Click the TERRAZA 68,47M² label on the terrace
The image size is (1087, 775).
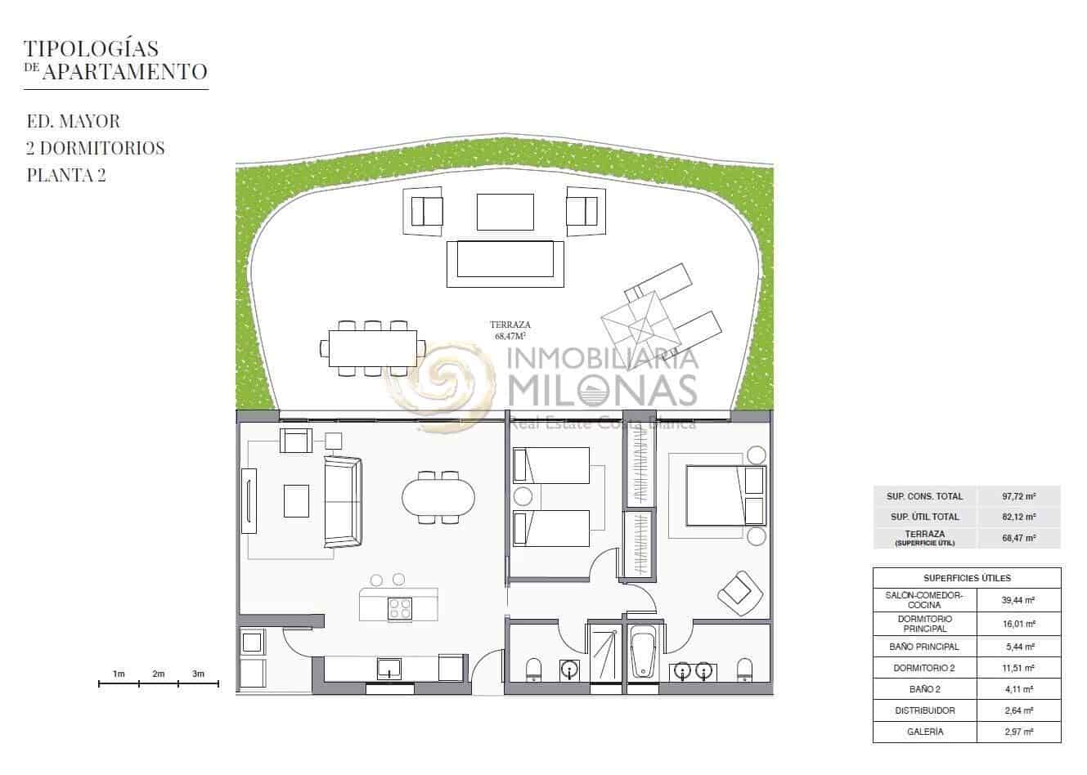pos(510,330)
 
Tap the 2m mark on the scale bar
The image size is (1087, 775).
pos(159,674)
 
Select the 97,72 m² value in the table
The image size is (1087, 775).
pos(1019,496)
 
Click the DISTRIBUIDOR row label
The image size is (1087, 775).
pos(925,710)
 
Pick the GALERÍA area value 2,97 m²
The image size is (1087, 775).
pos(1019,732)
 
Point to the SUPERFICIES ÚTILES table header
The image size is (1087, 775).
pos(967,578)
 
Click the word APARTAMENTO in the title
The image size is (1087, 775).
pos(125,72)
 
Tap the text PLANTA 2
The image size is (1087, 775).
pos(66,175)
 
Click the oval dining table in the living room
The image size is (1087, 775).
pos(438,498)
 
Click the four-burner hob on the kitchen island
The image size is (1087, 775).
pos(400,608)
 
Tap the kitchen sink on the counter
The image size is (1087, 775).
pos(389,669)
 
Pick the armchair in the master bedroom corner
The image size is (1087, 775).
pos(740,594)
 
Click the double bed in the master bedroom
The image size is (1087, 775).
pos(726,495)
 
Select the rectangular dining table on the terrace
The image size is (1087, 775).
pos(373,348)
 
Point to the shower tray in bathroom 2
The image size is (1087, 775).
pos(604,655)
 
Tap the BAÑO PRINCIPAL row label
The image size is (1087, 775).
pos(924,647)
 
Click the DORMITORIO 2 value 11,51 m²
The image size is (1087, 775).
pos(1019,668)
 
